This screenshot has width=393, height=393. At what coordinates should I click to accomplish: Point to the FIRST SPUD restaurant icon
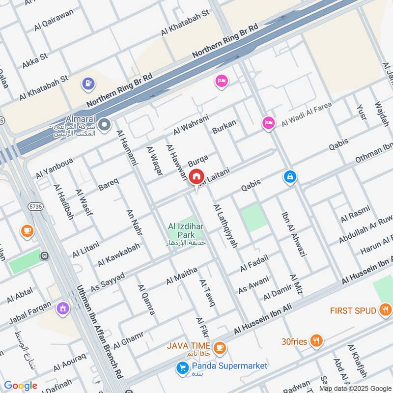385,310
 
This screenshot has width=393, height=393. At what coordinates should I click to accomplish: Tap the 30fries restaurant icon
316,340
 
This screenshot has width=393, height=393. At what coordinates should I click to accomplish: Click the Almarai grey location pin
104,125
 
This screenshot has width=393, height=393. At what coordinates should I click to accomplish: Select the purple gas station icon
89,84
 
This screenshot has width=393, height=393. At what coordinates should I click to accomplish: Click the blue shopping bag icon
290,176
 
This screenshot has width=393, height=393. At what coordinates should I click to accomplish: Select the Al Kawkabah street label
118,254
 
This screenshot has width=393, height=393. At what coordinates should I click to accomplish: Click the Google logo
21,386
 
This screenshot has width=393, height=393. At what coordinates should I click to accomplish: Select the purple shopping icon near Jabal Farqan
62,309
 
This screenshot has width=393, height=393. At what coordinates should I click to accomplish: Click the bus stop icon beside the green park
45,255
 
